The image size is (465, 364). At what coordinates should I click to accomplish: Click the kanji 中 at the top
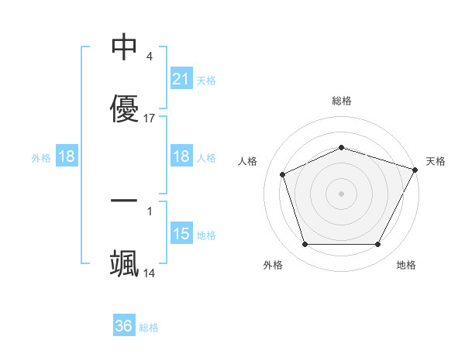click(x=124, y=47)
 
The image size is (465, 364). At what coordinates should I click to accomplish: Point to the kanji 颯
click(x=124, y=263)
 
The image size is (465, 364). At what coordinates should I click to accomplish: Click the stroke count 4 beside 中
click(x=149, y=57)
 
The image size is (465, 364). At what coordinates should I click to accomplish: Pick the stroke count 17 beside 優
click(x=150, y=118)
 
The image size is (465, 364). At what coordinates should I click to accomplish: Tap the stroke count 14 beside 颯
click(x=150, y=273)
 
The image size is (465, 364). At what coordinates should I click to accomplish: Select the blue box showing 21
click(x=181, y=79)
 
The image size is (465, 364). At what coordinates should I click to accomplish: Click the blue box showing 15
click(x=181, y=234)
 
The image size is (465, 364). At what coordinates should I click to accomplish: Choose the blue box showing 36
click(x=124, y=326)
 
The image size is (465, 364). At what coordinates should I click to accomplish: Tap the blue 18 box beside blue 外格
click(x=67, y=156)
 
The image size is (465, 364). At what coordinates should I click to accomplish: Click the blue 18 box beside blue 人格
click(x=181, y=156)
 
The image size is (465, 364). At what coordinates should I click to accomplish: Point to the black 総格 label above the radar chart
click(x=342, y=101)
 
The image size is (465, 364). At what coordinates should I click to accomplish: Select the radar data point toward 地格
click(x=378, y=245)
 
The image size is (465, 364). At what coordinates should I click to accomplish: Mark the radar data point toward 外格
click(x=305, y=245)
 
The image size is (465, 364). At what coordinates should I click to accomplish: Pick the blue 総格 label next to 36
click(x=149, y=328)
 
